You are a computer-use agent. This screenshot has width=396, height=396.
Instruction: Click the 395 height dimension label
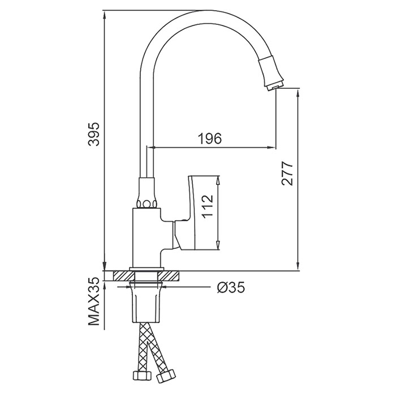tap(94, 134)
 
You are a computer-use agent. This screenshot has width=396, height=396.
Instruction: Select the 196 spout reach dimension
tap(210, 139)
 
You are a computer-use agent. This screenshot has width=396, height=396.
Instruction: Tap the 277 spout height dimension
tap(287, 173)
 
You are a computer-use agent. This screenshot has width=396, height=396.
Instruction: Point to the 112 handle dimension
tap(208, 206)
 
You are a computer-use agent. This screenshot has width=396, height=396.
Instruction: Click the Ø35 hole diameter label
tap(231, 287)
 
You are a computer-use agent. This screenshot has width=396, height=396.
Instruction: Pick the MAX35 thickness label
tap(94, 302)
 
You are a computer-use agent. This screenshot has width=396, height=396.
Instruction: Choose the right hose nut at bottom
tap(166, 377)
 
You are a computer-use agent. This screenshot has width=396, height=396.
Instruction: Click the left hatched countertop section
tap(122, 276)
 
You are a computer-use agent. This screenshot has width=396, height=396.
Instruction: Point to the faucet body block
tap(146, 238)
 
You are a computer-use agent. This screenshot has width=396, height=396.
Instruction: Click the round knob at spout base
tap(147, 204)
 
